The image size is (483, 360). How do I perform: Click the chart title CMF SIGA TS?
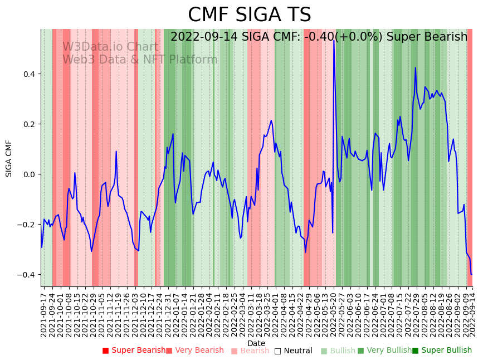(x=249, y=15)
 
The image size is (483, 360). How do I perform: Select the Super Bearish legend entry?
(x=134, y=351)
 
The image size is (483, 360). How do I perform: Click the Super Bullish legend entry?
(x=442, y=351)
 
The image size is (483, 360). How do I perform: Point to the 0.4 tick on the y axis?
(x=29, y=74)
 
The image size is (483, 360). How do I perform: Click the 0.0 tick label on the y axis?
(x=29, y=174)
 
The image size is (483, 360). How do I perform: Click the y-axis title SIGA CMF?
(x=9, y=158)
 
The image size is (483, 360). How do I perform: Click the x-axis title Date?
(x=256, y=343)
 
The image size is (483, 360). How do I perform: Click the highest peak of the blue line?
(x=334, y=40)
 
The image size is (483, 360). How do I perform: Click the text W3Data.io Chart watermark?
(x=110, y=47)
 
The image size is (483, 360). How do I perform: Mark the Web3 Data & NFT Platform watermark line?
(x=140, y=60)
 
